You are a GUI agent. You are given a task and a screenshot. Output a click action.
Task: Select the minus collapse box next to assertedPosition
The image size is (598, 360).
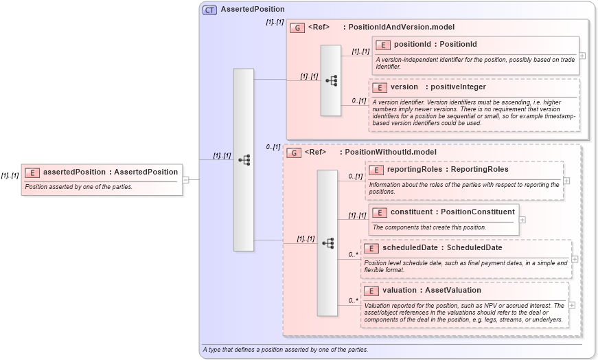point(186,180)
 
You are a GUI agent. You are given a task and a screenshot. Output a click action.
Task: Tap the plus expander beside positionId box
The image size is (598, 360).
point(583,56)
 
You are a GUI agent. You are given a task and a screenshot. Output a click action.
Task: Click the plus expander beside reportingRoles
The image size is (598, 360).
point(566,181)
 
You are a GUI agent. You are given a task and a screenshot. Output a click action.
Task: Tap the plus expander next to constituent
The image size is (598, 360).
point(522,220)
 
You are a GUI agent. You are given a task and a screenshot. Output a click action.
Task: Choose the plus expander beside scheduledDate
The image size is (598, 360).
point(575,259)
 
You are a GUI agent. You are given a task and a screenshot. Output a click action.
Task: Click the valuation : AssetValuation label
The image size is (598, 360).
point(432,291)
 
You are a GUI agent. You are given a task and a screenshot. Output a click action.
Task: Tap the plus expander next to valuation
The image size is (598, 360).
point(572,305)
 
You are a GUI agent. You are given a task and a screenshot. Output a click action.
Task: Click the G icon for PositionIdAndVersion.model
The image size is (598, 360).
point(297,27)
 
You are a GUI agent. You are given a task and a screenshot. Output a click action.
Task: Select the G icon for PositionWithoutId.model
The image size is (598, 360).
point(294,153)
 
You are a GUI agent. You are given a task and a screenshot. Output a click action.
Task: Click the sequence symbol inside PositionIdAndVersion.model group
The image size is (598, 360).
point(331,80)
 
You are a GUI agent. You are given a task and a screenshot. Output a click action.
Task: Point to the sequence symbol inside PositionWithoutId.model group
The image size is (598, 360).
point(327,243)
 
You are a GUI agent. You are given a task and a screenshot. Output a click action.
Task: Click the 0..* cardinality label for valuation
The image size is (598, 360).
point(354,300)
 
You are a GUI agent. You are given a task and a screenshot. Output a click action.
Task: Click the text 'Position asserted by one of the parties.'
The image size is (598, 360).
point(79,187)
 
